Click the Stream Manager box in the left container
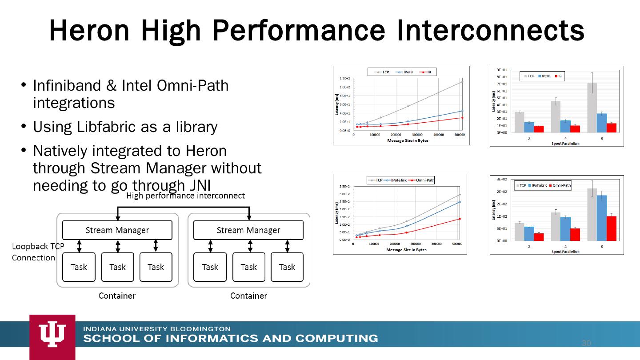click(117, 230)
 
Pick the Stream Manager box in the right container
click(248, 230)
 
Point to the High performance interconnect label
click(186, 196)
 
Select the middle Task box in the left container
click(117, 267)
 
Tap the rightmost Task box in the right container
click(287, 267)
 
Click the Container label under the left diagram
click(117, 296)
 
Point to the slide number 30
click(586, 343)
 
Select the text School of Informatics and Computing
click(231, 338)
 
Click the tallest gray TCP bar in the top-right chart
click(592, 107)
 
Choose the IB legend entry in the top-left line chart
click(426, 72)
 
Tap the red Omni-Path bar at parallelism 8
click(612, 228)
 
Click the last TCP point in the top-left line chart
click(462, 82)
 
